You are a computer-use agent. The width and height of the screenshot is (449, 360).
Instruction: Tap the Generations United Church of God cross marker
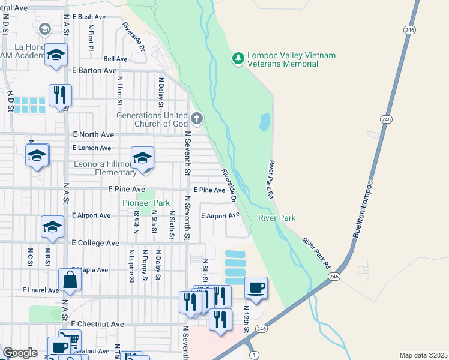[x=197, y=118]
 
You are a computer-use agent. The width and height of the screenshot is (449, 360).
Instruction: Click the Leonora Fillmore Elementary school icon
[x=142, y=158]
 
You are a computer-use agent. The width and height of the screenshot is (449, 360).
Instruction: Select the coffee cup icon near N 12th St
[x=256, y=288]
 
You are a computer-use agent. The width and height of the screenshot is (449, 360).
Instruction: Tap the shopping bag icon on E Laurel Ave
[x=70, y=280]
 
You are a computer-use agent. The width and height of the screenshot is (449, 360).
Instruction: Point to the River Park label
[x=277, y=218]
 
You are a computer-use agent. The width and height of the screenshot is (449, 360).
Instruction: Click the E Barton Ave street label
[x=94, y=70]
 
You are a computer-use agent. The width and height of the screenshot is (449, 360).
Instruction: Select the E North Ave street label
[x=93, y=135]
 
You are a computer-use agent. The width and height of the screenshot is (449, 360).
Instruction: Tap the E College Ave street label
[x=95, y=243]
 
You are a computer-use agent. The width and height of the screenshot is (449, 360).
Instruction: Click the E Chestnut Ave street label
[x=97, y=324]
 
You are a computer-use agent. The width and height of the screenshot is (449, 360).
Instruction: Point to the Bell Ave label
[x=115, y=59]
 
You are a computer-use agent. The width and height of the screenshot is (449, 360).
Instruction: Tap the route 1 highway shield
[x=255, y=355]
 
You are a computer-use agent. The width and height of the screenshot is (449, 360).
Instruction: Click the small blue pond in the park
[x=264, y=122]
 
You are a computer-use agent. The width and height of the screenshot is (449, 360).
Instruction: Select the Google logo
[x=20, y=353]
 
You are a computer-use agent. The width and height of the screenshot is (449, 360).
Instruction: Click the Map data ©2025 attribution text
[x=423, y=355]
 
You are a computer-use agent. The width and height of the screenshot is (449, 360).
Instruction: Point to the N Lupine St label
[x=131, y=265]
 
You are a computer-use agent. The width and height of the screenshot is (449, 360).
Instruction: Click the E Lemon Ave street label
[x=92, y=148]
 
